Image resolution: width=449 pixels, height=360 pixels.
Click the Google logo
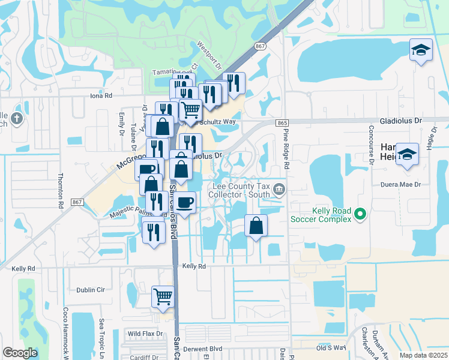(20, 353)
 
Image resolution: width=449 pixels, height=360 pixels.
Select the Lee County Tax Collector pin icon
(279, 191)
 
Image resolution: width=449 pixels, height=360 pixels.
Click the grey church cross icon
(16, 118)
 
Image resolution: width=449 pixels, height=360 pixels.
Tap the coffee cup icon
(185, 202)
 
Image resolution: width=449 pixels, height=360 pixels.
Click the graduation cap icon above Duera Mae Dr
(407, 155)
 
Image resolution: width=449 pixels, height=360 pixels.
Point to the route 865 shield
(283, 122)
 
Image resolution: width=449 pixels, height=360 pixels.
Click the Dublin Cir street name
(91, 290)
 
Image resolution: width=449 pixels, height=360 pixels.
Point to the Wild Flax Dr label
(145, 334)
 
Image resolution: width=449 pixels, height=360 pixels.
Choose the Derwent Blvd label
(203, 349)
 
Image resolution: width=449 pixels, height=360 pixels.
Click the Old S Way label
(331, 347)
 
